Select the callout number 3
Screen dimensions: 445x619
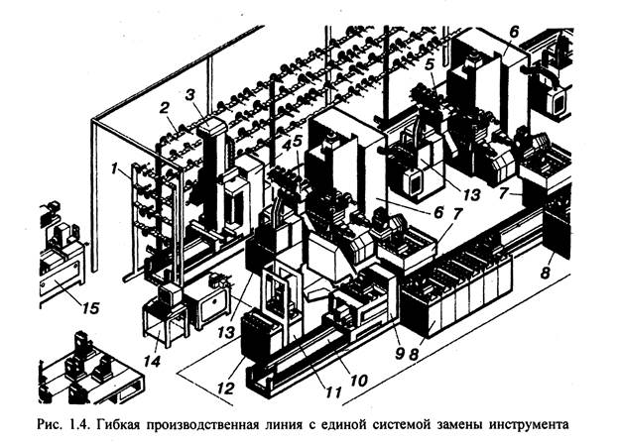pos(191,95)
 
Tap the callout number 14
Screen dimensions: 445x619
pos(152,349)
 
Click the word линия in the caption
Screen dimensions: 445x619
pos(314,427)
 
